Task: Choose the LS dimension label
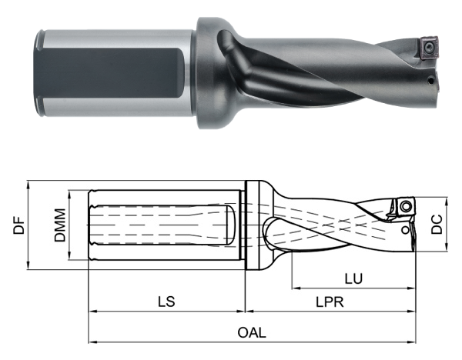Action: pyautogui.click(x=165, y=302)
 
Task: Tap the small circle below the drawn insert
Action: pyautogui.click(x=406, y=229)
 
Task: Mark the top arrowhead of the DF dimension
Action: pyautogui.click(x=28, y=185)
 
